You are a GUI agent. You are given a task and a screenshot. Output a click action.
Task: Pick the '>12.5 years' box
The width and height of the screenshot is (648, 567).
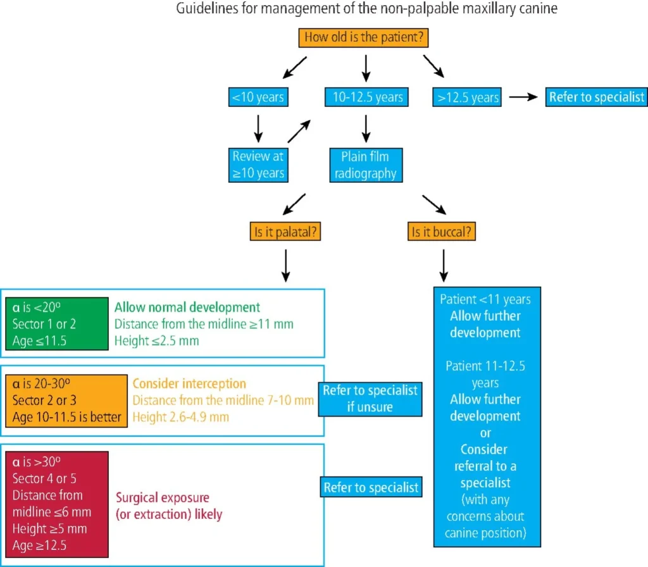click(x=468, y=97)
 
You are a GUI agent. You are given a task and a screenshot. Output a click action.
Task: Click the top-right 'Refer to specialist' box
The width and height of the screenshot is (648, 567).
click(x=596, y=97)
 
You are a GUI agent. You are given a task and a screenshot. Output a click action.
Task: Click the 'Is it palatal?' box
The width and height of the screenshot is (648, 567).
click(x=285, y=232)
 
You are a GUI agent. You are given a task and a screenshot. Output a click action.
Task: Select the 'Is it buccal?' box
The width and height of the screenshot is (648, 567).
click(x=442, y=232)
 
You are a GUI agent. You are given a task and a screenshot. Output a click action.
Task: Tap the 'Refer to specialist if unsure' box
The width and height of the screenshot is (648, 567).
click(x=370, y=398)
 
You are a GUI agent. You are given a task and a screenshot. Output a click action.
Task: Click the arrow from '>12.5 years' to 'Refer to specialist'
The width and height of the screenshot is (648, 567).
click(x=523, y=97)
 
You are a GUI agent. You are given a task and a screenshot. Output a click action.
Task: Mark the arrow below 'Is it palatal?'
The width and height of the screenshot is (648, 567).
click(x=285, y=265)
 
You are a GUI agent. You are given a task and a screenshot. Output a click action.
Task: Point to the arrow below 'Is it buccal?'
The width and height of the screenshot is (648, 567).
click(x=443, y=265)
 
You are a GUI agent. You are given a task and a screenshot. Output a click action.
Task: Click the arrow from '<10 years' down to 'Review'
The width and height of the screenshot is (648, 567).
click(x=258, y=128)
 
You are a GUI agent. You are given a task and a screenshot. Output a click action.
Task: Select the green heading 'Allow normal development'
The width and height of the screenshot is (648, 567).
click(x=187, y=308)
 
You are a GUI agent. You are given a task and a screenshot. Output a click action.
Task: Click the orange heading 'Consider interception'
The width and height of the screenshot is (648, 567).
click(x=189, y=383)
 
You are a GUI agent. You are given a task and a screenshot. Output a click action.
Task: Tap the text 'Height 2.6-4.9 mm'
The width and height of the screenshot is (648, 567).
click(x=181, y=417)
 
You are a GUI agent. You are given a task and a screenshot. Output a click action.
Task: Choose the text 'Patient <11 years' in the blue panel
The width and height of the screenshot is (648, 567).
click(x=485, y=299)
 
